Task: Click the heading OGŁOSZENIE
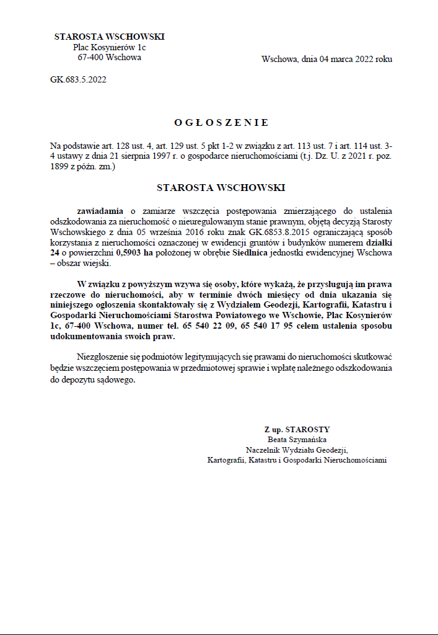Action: pos(221,123)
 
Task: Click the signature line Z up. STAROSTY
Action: pos(297,429)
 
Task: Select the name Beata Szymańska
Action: pos(297,440)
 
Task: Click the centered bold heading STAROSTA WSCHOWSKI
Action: pos(221,187)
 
